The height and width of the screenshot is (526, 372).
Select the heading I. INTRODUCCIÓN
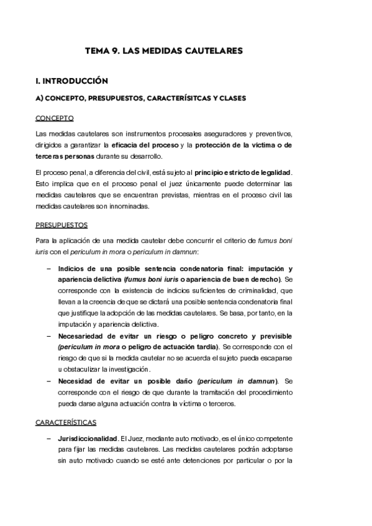[x=72, y=81]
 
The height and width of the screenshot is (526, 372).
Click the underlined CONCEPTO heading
[x=55, y=118]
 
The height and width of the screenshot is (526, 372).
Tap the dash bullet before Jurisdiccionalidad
[x=49, y=439]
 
